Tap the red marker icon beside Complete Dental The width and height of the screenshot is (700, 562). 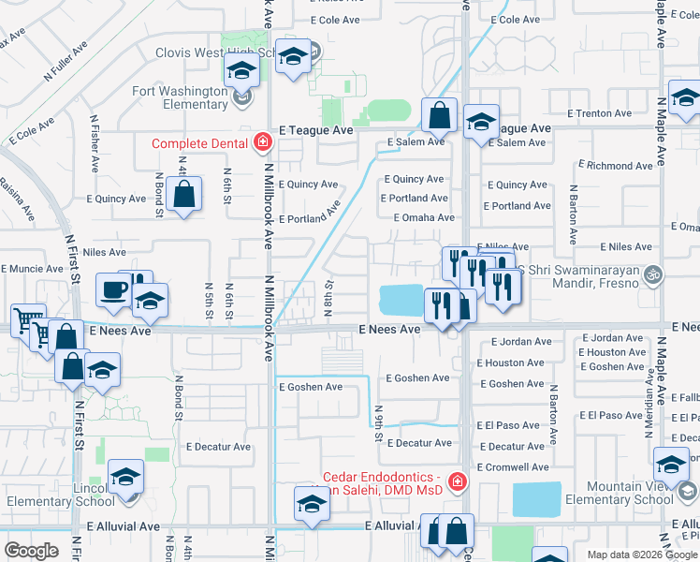[262, 142]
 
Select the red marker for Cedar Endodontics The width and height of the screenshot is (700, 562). [457, 481]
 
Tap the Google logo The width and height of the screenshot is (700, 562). [31, 551]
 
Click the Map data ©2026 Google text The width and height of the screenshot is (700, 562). [642, 555]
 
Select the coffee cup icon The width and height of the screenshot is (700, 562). [113, 290]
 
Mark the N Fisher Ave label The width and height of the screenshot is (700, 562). [95, 144]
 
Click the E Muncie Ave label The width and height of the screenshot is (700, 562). [32, 269]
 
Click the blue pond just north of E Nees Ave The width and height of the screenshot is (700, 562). [401, 301]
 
